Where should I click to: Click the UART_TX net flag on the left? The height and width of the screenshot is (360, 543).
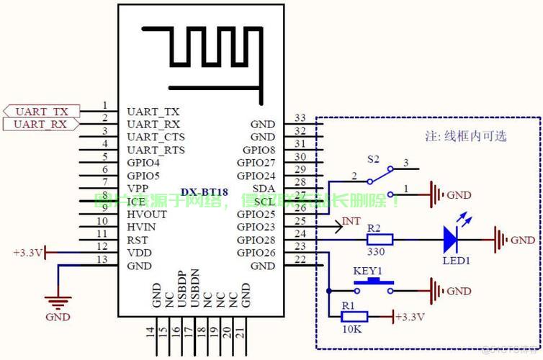[41, 112]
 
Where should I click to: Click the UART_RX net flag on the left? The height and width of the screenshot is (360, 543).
[41, 125]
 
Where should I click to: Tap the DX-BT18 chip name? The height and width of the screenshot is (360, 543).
[205, 192]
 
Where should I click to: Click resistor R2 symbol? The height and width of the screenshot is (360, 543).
[374, 240]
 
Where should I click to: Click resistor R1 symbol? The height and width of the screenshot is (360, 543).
[353, 316]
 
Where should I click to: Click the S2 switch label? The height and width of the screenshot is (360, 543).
[373, 158]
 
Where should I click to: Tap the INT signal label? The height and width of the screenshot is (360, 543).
[351, 221]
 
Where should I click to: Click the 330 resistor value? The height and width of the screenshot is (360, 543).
[375, 253]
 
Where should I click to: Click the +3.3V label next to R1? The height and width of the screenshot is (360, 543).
[410, 317]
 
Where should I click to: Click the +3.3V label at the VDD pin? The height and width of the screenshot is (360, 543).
[27, 253]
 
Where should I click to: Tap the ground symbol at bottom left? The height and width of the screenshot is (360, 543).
[58, 302]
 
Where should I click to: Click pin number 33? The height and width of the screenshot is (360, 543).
[300, 118]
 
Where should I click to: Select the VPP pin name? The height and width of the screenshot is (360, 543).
[138, 189]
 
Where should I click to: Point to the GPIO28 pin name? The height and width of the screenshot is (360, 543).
[256, 240]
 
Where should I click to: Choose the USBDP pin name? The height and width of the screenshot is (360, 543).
[182, 288]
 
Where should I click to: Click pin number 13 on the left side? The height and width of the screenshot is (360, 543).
[104, 260]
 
